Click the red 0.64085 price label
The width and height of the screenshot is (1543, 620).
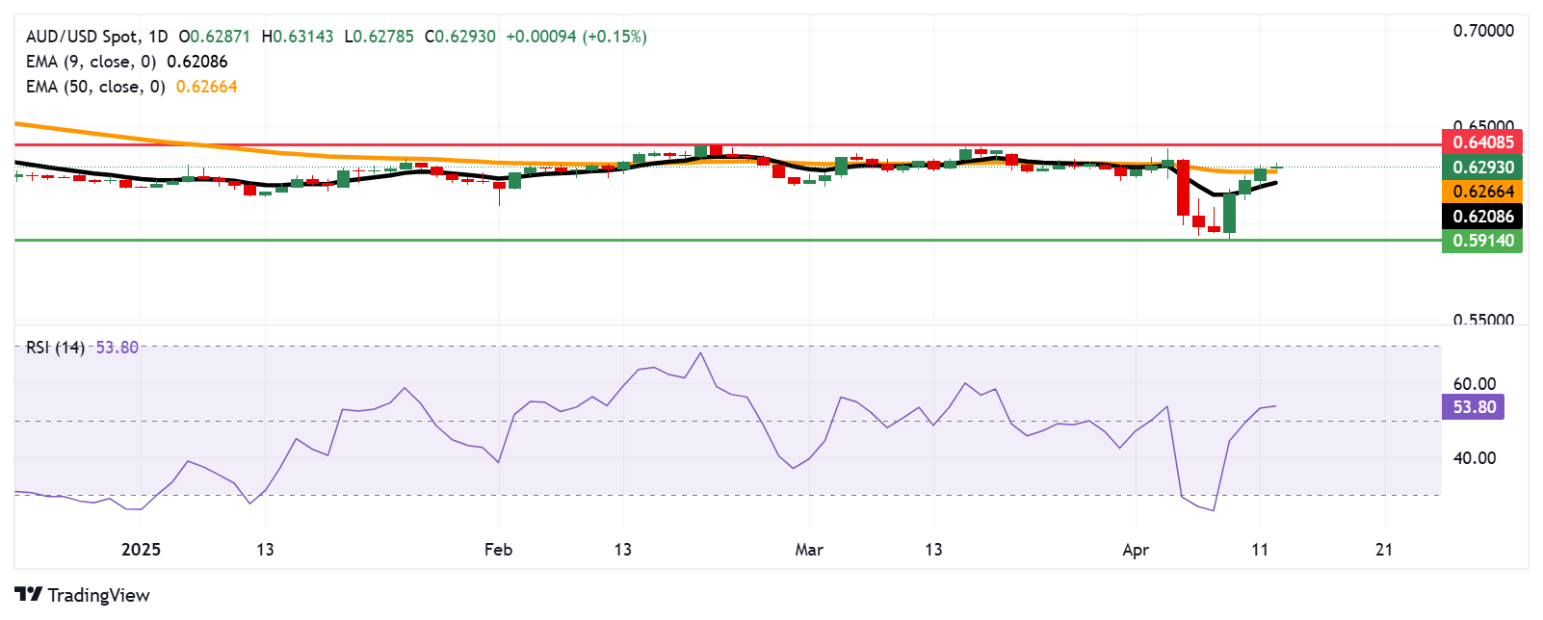[1481, 142]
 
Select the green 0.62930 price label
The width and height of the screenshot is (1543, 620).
[1481, 167]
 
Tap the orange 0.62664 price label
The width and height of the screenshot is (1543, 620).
[1481, 192]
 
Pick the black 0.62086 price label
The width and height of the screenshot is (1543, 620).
[1481, 217]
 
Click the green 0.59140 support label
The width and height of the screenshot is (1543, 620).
[1481, 241]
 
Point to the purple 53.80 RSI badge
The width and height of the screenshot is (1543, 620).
[1473, 407]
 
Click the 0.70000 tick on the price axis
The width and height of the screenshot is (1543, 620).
[1482, 31]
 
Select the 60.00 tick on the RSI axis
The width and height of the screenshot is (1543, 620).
[1474, 384]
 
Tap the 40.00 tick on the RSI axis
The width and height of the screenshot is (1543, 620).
[1474, 458]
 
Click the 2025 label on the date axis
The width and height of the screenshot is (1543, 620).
[141, 550]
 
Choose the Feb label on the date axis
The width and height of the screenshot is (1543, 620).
[498, 550]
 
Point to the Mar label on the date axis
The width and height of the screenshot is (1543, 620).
[809, 550]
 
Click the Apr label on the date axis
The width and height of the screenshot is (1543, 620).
[1136, 550]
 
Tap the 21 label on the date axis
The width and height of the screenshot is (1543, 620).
[1384, 550]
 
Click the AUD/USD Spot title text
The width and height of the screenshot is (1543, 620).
[82, 37]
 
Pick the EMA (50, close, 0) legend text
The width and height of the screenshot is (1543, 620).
[95, 87]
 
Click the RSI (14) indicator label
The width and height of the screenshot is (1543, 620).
[55, 348]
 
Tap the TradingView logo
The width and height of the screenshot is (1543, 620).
[82, 595]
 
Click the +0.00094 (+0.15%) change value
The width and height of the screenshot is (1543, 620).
[576, 37]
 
